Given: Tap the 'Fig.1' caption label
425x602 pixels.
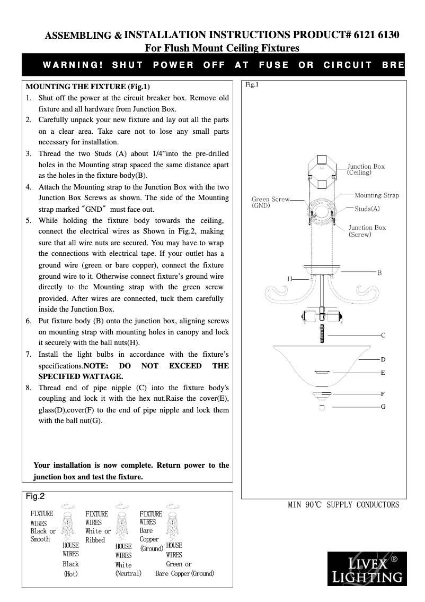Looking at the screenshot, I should (251, 85).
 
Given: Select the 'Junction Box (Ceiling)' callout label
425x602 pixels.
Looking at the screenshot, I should (366, 169).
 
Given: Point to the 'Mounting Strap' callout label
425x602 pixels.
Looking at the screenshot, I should (376, 195).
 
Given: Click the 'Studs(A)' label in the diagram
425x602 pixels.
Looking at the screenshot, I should (367, 209).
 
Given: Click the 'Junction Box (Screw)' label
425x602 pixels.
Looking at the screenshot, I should (367, 231).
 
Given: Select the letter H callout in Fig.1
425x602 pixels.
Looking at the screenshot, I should (290, 278).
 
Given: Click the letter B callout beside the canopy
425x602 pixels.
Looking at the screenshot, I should (379, 272).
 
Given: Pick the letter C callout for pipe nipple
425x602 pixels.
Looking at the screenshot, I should (383, 336).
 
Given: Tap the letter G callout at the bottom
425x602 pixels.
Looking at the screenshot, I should (383, 406).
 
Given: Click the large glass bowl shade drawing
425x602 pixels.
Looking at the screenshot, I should (323, 364).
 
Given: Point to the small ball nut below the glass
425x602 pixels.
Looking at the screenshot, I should (322, 408).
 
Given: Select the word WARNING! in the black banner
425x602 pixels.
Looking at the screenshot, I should (73, 65).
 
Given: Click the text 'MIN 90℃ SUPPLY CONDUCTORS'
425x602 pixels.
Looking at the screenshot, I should (343, 504).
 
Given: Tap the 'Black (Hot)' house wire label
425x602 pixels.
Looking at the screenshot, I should (70, 569).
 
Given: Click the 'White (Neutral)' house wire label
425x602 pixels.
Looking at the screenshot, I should (128, 569).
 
